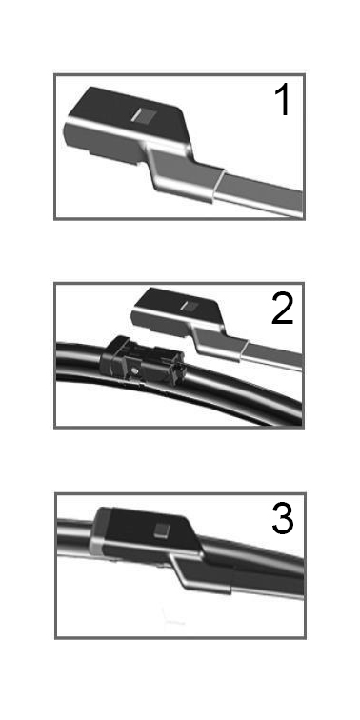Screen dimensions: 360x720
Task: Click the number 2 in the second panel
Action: pyautogui.click(x=282, y=309)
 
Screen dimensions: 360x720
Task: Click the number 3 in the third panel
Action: pyautogui.click(x=283, y=518)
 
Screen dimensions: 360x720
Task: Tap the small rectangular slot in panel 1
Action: pyautogui.click(x=141, y=116)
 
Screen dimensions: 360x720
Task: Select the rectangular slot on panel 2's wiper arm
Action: pyautogui.click(x=189, y=306)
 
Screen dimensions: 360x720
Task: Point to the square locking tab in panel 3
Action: pyautogui.click(x=162, y=530)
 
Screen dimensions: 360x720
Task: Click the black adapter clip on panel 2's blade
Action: pyautogui.click(x=141, y=362)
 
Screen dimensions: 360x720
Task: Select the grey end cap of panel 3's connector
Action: pyautogui.click(x=99, y=531)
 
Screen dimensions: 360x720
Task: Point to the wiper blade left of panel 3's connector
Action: pyautogui.click(x=73, y=537)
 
